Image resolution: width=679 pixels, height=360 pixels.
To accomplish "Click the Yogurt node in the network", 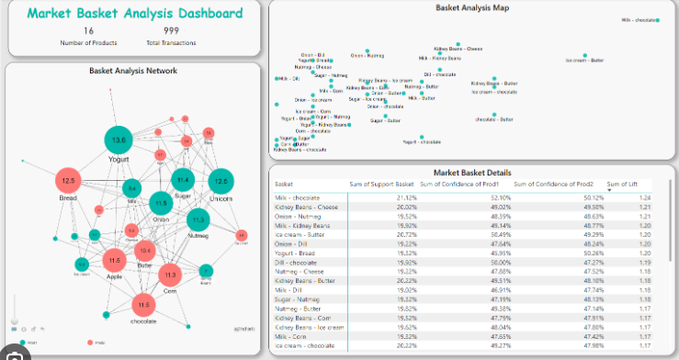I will point(118,141).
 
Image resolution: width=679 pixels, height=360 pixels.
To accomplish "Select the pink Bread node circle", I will point(69,182).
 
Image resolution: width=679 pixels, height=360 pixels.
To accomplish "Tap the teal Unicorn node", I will point(219,181).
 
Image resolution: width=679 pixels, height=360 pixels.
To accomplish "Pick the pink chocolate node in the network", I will point(142,306).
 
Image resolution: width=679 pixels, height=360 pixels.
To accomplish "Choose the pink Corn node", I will point(170,275).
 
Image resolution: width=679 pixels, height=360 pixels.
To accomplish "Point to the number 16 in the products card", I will point(88,31).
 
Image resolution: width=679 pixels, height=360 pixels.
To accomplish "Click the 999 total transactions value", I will point(171,31).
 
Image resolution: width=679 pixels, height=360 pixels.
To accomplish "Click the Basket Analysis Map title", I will point(472,7).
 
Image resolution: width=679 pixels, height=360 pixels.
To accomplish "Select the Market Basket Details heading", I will point(471,173).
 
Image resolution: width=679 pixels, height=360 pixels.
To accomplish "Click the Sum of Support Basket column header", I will point(382,185).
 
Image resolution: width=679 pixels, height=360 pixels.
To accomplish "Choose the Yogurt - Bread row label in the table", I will point(296,253).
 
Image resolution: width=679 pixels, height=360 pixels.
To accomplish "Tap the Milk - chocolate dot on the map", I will point(658,19).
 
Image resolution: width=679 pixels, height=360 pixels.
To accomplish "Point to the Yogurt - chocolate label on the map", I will point(422,142).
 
